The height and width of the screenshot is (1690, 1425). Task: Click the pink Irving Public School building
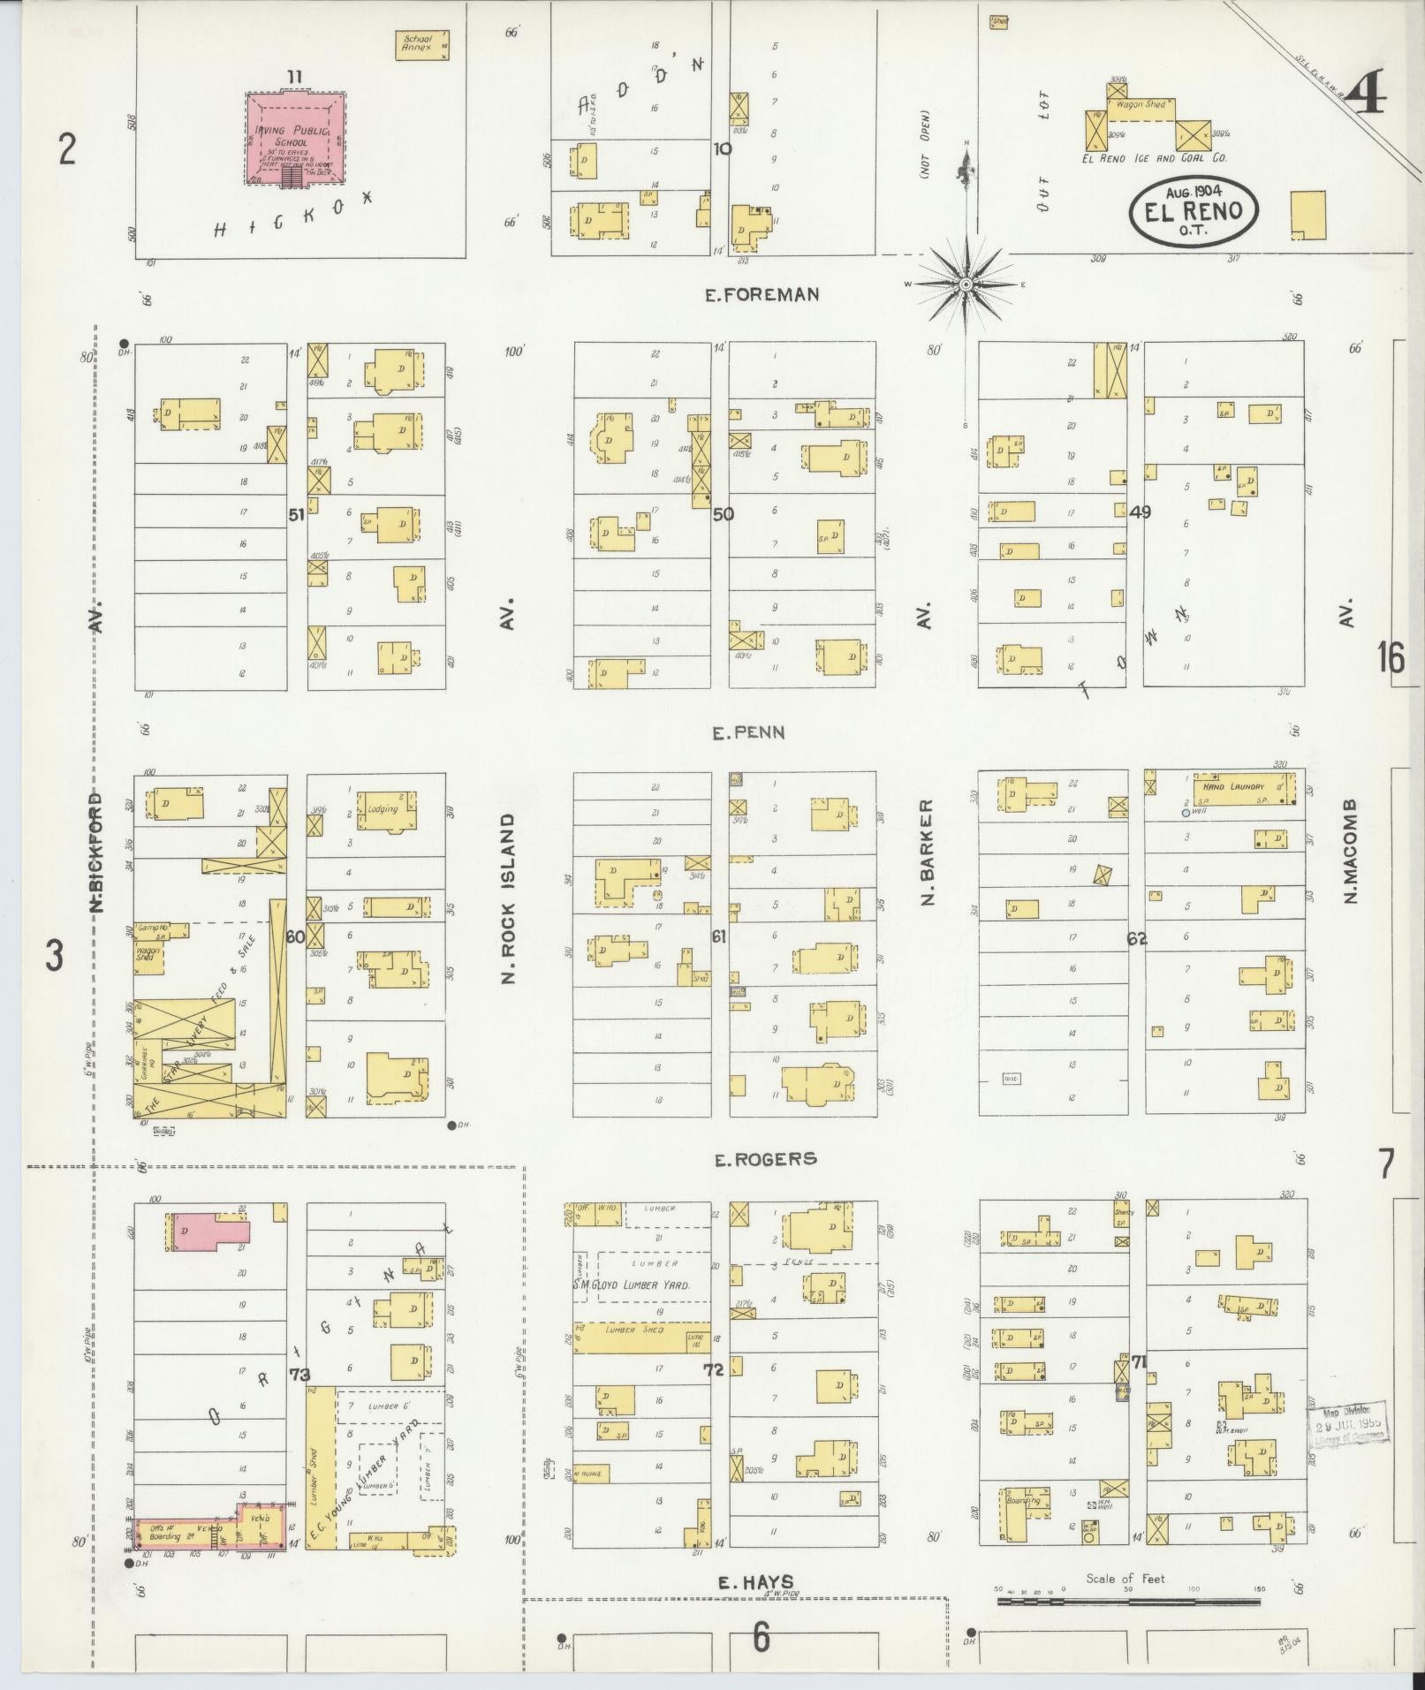[295, 140]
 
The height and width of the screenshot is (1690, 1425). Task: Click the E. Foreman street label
[762, 295]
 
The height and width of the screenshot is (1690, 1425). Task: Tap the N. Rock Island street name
[508, 898]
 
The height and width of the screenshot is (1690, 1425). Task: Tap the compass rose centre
[966, 284]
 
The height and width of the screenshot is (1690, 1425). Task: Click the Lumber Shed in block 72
[629, 1362]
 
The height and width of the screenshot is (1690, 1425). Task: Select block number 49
[1140, 512]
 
